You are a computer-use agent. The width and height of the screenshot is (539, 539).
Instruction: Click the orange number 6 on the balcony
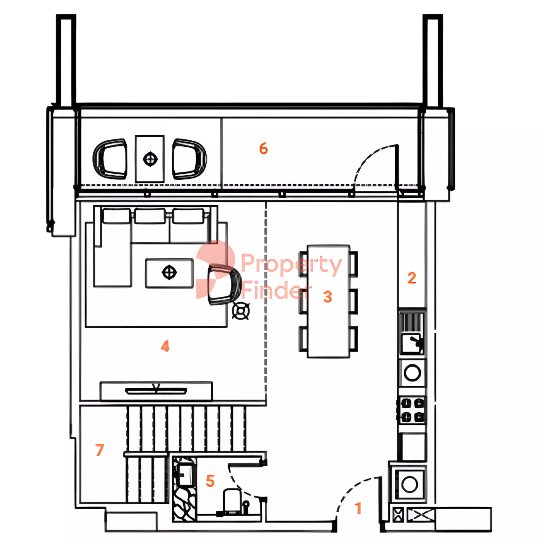[263, 148]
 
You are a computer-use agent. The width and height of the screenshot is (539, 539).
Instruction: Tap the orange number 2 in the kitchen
[412, 278]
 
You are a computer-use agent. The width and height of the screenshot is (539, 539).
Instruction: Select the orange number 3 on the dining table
[328, 296]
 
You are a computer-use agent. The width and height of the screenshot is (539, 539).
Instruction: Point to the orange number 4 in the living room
[165, 346]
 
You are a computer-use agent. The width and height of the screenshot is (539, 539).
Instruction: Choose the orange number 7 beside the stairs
[100, 450]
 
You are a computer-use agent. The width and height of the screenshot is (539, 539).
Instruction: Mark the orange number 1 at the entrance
[358, 508]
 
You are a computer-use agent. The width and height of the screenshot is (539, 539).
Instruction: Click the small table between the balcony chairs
[150, 159]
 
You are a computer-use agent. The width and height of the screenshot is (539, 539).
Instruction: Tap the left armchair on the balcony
[110, 159]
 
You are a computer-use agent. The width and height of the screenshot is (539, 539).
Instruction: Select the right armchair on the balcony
[189, 159]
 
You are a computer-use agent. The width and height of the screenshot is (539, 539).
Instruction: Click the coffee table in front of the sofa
[169, 273]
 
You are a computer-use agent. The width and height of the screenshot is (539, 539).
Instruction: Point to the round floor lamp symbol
[241, 311]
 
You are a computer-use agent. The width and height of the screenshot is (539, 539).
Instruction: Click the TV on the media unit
[156, 391]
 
